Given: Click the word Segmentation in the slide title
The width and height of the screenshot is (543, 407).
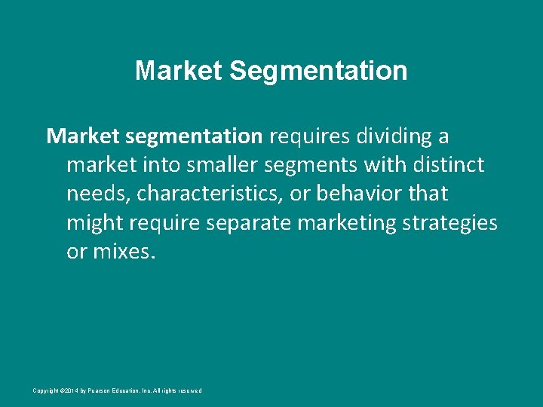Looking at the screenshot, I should pyautogui.click(x=318, y=72).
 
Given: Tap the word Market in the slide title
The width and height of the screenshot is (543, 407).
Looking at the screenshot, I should pyautogui.click(x=179, y=71).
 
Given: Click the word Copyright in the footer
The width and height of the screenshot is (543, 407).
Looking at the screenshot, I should pyautogui.click(x=44, y=390).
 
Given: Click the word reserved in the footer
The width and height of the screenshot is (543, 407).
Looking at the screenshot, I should pyautogui.click(x=189, y=390).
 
